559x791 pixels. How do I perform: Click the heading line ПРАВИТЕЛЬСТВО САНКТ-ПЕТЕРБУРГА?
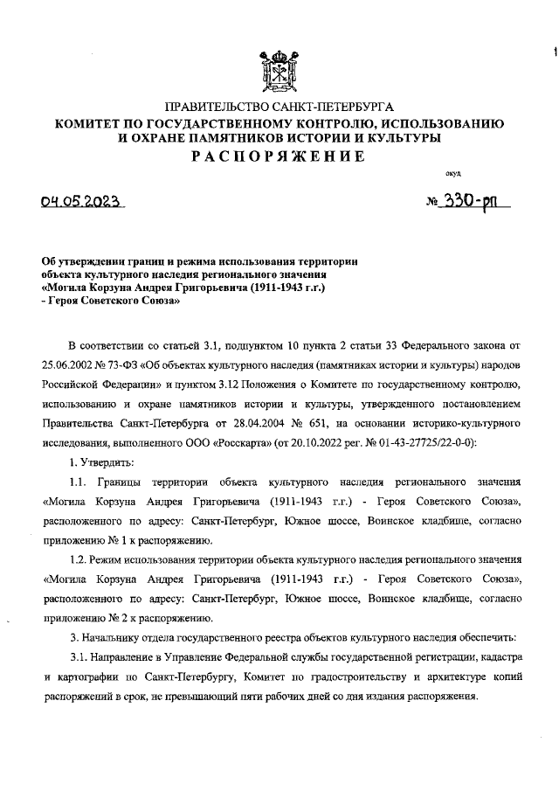click(x=279, y=107)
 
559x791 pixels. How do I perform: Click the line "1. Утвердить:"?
click(x=101, y=461)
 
